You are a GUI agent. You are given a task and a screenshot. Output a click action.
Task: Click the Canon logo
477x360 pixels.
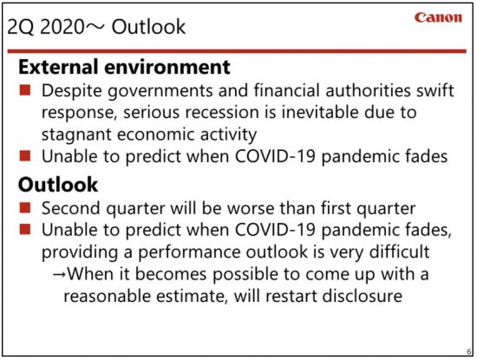pyautogui.click(x=438, y=17)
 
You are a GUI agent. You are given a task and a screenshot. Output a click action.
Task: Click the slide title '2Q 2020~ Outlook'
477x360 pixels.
pyautogui.click(x=96, y=27)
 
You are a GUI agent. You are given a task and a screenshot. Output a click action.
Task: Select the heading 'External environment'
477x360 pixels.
pyautogui.click(x=124, y=67)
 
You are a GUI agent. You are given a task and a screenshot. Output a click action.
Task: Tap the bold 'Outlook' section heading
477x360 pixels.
pyautogui.click(x=58, y=185)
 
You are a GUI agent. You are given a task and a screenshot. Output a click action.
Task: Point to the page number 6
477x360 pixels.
pyautogui.click(x=469, y=352)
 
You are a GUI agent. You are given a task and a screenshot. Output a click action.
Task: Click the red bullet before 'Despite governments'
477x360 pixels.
pyautogui.click(x=25, y=90)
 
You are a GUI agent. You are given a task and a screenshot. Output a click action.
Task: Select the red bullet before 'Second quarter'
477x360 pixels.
pyautogui.click(x=25, y=208)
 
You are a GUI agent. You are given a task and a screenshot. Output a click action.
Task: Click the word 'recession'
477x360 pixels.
pyautogui.click(x=222, y=112)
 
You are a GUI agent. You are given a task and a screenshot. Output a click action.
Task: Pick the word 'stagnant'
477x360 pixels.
pyautogui.click(x=76, y=134)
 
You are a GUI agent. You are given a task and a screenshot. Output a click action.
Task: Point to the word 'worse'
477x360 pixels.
pyautogui.click(x=251, y=208)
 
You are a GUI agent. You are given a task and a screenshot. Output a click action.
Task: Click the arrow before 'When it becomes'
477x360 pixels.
pyautogui.click(x=59, y=274)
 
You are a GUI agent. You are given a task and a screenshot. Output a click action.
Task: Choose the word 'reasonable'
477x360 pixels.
pyautogui.click(x=107, y=296)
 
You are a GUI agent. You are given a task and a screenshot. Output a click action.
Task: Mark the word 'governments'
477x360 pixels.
pyautogui.click(x=160, y=91)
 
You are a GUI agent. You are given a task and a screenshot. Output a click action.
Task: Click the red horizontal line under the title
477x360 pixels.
pyautogui.click(x=237, y=51)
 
